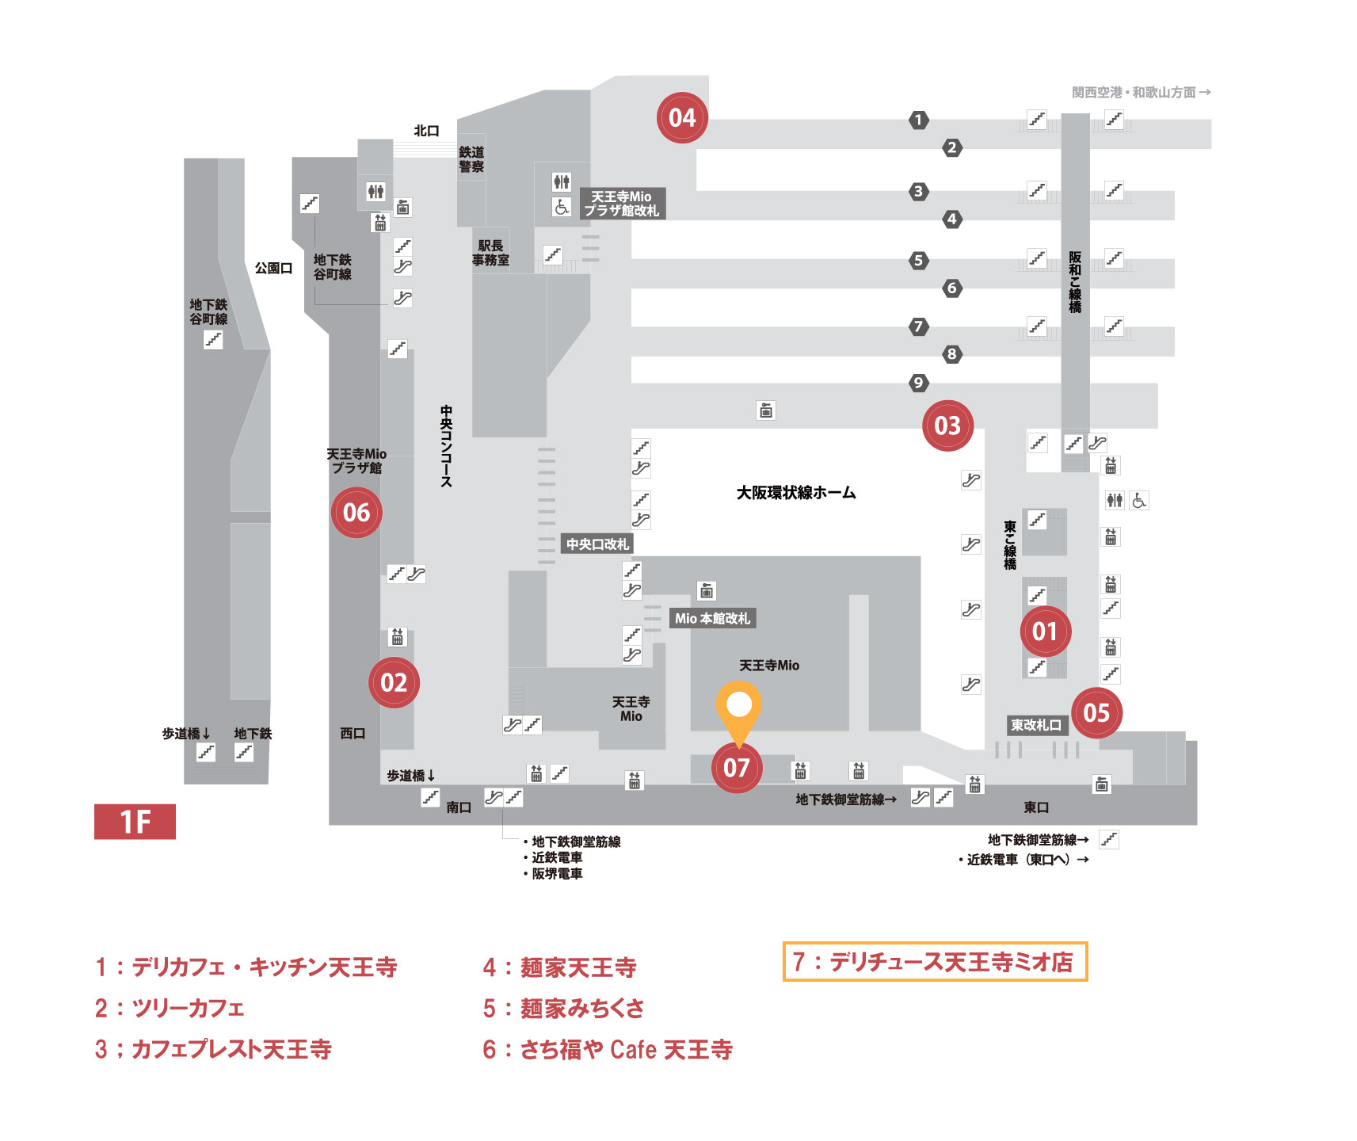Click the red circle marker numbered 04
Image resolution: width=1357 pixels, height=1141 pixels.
click(x=682, y=117)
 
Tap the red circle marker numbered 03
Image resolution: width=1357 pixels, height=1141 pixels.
click(x=947, y=425)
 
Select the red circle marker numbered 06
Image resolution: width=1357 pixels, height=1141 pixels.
click(x=356, y=513)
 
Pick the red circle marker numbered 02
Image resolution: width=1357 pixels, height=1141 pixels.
click(x=394, y=682)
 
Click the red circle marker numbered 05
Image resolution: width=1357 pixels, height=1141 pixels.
click(x=1096, y=712)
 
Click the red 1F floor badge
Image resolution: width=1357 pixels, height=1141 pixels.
click(x=135, y=822)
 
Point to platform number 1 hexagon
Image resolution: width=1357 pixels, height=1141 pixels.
click(x=918, y=120)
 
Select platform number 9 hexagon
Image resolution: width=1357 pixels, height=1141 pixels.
click(x=918, y=383)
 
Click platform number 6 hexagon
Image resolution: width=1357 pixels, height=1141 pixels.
click(x=952, y=288)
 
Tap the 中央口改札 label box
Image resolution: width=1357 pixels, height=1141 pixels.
click(x=597, y=544)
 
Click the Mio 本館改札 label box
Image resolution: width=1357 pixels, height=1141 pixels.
click(x=712, y=618)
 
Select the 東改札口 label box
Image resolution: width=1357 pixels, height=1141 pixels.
click(x=1036, y=725)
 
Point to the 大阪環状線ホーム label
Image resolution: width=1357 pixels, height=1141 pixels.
click(x=796, y=493)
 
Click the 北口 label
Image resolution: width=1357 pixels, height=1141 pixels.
click(x=426, y=131)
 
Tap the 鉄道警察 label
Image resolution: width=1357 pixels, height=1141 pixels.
click(x=471, y=159)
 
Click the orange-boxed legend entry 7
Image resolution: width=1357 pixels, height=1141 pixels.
click(x=935, y=962)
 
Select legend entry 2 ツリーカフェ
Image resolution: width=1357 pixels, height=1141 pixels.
click(x=170, y=1008)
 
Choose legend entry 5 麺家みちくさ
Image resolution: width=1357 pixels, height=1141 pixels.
click(x=563, y=1008)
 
